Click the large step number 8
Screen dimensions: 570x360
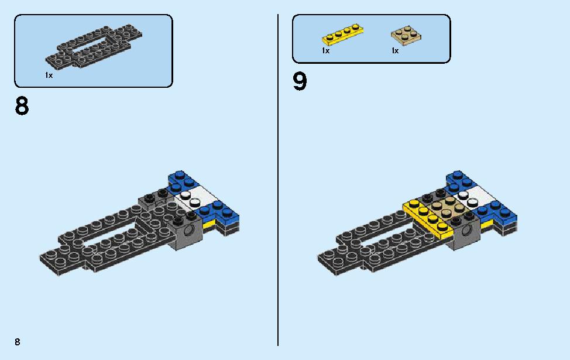pos(22,106)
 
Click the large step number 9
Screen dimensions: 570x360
pos(300,81)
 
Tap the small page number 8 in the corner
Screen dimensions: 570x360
pos(18,341)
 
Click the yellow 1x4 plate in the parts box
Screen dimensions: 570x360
pos(342,35)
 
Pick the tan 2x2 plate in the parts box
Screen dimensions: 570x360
pos(406,36)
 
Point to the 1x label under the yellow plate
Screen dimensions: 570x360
pos(326,51)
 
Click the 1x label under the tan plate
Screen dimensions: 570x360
pos(395,51)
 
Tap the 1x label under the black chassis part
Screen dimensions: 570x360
pos(49,76)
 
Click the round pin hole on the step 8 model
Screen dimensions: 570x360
pos(189,230)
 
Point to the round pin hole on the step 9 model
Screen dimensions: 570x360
pos(468,230)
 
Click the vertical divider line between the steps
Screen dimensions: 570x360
pos(278,180)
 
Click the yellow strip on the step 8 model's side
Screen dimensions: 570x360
pos(210,224)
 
